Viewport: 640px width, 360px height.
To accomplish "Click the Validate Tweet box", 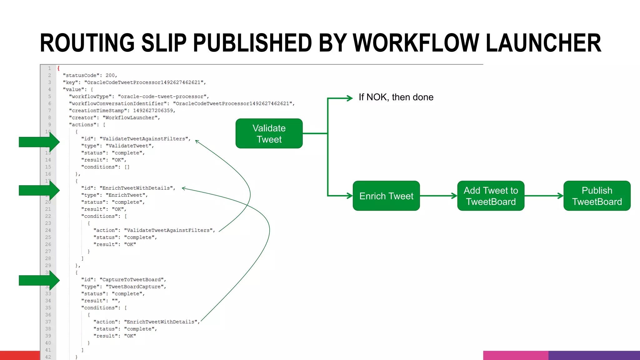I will (x=269, y=133).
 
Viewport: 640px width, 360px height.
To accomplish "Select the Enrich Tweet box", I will (x=386, y=196).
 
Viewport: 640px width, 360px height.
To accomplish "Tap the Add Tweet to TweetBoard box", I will (x=491, y=196).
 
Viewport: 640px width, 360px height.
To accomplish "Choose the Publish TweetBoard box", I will (x=597, y=196).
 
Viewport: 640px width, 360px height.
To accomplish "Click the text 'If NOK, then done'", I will (x=396, y=97).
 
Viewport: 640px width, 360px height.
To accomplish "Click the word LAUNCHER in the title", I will (x=543, y=43).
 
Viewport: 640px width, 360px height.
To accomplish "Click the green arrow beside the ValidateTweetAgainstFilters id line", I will (x=39, y=142).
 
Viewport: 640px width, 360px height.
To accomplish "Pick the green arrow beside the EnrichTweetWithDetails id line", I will (x=39, y=190).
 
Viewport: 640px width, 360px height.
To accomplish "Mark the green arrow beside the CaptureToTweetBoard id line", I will (x=39, y=280).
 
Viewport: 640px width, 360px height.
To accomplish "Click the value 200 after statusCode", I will (x=110, y=75).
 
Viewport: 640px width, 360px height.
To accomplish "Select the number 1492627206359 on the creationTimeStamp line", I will (x=153, y=111).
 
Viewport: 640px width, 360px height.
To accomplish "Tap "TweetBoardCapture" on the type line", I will (x=135, y=287).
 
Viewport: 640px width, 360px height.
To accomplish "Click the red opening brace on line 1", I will (x=58, y=68).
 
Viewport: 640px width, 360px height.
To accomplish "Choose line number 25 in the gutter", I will (x=48, y=237).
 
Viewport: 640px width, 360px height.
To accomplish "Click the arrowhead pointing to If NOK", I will (x=349, y=98).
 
